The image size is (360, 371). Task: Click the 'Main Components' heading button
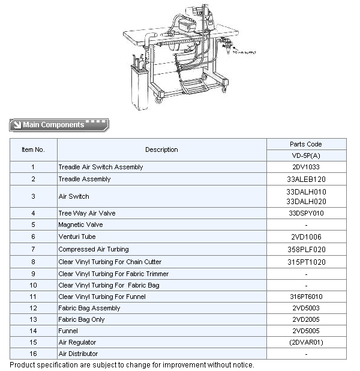pyautogui.click(x=59, y=125)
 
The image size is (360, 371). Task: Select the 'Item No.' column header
pyautogui.click(x=33, y=149)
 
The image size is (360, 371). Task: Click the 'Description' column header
pyautogui.click(x=161, y=149)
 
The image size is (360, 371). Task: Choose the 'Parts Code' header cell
pyautogui.click(x=306, y=144)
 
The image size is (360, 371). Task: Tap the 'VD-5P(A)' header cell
pyautogui.click(x=306, y=155)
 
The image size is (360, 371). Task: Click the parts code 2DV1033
pyautogui.click(x=306, y=167)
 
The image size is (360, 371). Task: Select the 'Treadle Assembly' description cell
pyautogui.click(x=85, y=179)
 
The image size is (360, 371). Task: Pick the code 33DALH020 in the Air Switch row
pyautogui.click(x=306, y=201)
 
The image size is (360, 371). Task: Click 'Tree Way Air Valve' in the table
pyautogui.click(x=87, y=213)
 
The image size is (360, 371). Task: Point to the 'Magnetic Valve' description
pyautogui.click(x=80, y=225)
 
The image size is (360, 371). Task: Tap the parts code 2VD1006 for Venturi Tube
pyautogui.click(x=306, y=237)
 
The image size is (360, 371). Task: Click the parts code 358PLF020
pyautogui.click(x=306, y=249)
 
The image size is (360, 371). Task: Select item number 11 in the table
pyautogui.click(x=33, y=297)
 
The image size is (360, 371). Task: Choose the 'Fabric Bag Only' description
pyautogui.click(x=82, y=319)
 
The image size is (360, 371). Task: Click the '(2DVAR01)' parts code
pyautogui.click(x=306, y=342)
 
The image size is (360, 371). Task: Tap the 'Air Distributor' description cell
pyautogui.click(x=78, y=354)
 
